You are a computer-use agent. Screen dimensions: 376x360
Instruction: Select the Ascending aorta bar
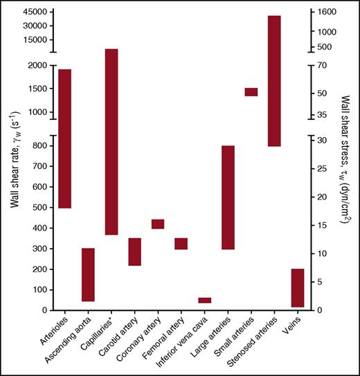click(x=88, y=274)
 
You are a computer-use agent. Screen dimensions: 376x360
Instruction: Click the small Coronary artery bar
click(x=158, y=224)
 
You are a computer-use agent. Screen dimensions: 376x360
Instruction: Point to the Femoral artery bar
click(x=181, y=243)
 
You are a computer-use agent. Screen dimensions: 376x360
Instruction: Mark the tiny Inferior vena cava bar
click(x=204, y=300)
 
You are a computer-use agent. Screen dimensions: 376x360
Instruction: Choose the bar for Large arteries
click(x=228, y=197)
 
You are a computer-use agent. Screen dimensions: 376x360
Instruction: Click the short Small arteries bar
click(x=251, y=92)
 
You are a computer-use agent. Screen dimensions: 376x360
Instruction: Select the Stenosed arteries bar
click(x=274, y=81)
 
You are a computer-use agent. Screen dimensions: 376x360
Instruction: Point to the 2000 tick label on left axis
click(x=39, y=65)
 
